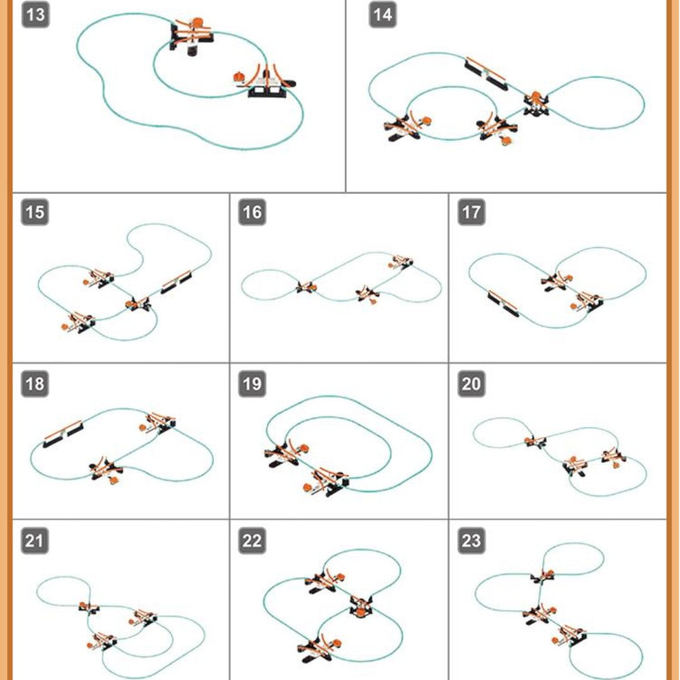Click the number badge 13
point(35,14)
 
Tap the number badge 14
point(383,14)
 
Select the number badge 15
point(35,212)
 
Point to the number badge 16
point(252,212)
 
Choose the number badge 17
point(472,212)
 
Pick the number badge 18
point(35,384)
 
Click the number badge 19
point(252,384)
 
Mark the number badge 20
point(472,384)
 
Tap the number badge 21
point(35,541)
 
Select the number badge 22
point(252,541)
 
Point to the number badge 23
point(472,541)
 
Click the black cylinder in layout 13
point(192,50)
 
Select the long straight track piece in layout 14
point(485,73)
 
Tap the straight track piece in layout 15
point(176,282)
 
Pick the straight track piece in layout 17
point(503,303)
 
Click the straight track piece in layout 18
point(63,434)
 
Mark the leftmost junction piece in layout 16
point(306,287)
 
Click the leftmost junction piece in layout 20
point(535,442)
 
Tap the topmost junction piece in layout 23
point(543,576)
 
